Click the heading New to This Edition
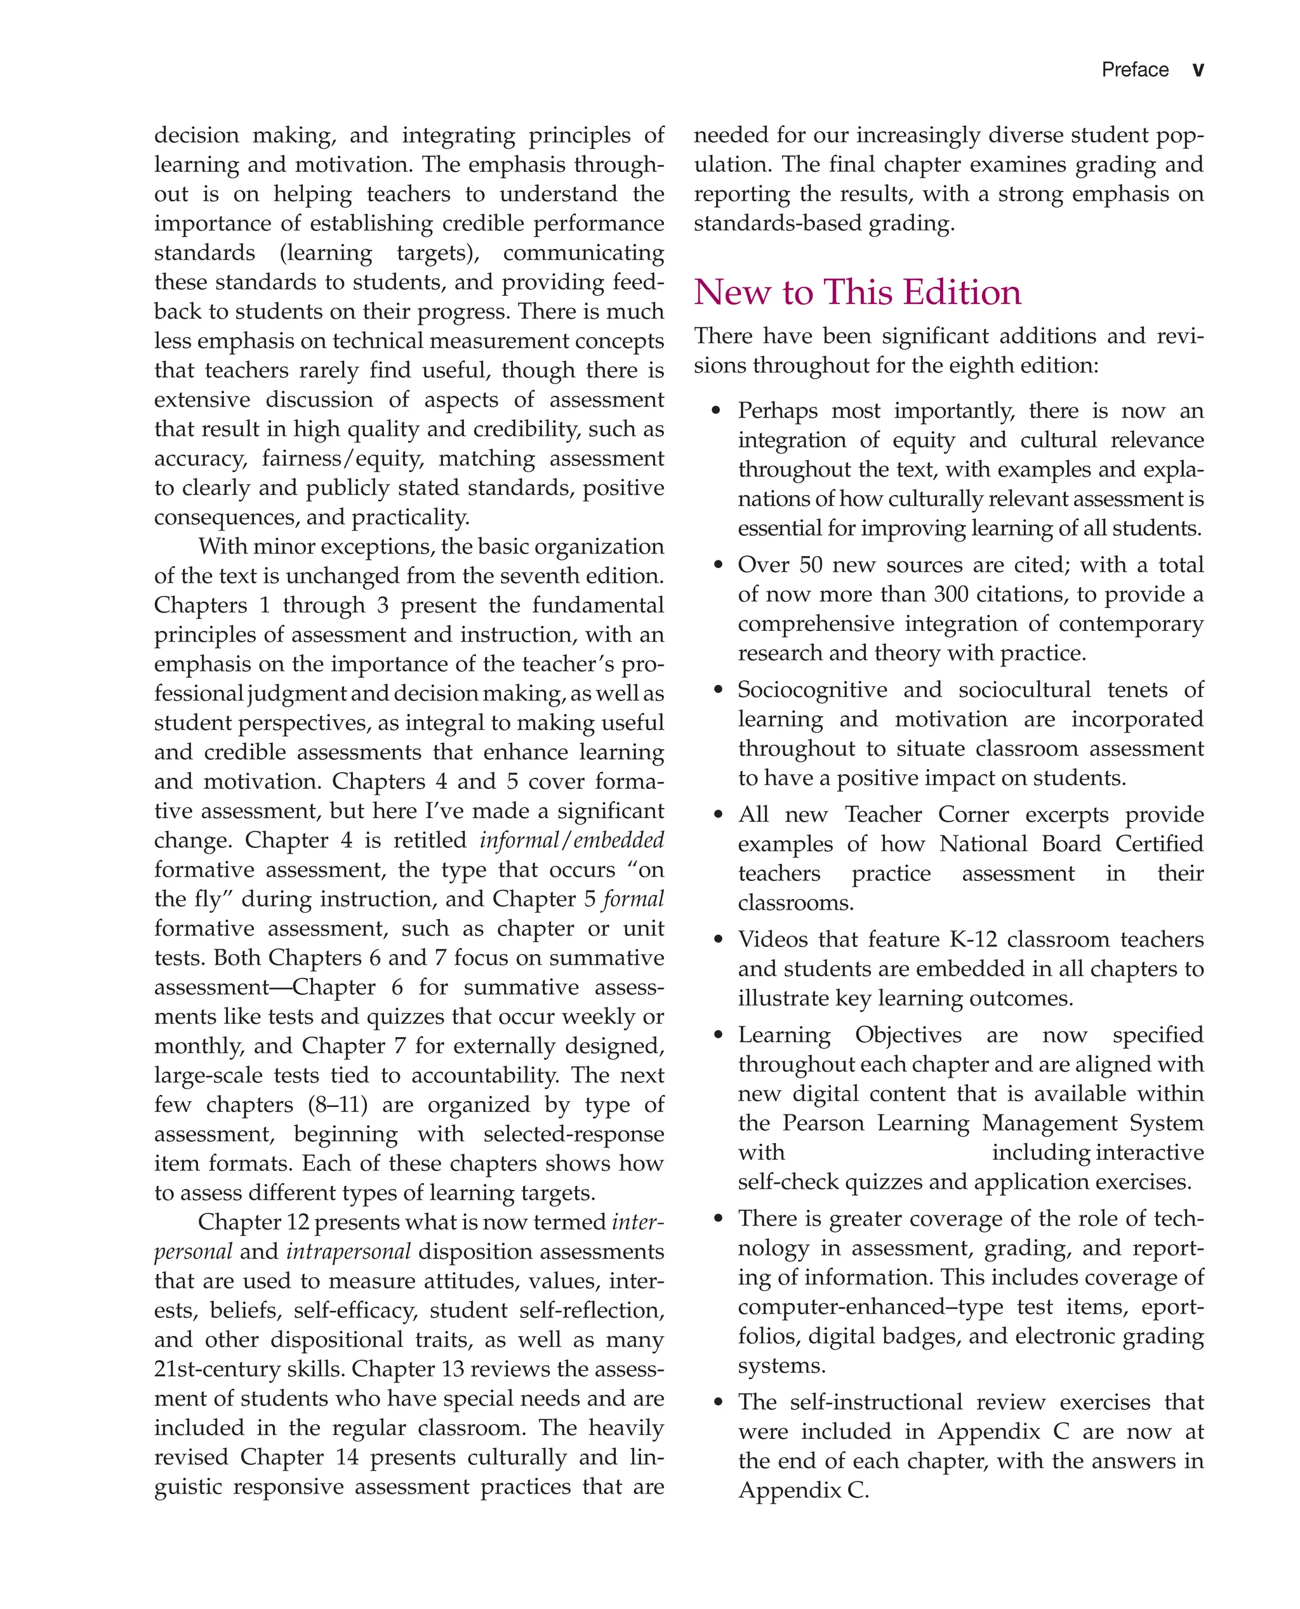tap(857, 292)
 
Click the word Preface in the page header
tap(1134, 70)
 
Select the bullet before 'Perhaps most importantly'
tap(717, 411)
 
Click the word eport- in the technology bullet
tap(1172, 1306)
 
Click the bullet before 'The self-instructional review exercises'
tap(717, 1402)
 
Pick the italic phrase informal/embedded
tap(571, 840)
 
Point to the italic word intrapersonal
tap(348, 1251)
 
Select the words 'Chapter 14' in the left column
tap(299, 1457)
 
